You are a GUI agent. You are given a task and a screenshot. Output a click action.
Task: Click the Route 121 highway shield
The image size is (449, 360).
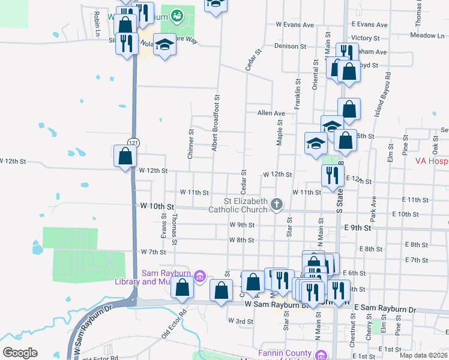pyautogui.click(x=133, y=142)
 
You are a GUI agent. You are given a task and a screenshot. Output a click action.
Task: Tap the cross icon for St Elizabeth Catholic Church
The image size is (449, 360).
pyautogui.click(x=277, y=205)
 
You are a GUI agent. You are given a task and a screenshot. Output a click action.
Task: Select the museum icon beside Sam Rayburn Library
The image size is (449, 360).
pyautogui.click(x=201, y=277)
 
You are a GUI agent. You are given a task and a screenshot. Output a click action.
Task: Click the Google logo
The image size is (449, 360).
pyautogui.click(x=20, y=353)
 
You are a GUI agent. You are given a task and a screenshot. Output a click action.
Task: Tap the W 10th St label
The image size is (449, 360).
pyautogui.click(x=152, y=206)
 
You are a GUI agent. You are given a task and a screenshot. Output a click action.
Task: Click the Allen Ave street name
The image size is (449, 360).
pyautogui.click(x=271, y=113)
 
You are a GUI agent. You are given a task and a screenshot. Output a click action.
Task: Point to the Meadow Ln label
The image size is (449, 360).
pyautogui.click(x=427, y=35)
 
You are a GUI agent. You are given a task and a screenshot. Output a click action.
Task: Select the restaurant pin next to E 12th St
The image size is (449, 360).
pyautogui.click(x=330, y=175)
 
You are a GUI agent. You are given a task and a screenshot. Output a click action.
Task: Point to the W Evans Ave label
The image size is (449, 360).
pyautogui.click(x=295, y=25)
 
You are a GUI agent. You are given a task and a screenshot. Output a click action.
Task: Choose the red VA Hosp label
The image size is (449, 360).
pyautogui.click(x=432, y=161)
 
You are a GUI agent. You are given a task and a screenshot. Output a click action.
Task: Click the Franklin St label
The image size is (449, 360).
pyautogui.click(x=297, y=94)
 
